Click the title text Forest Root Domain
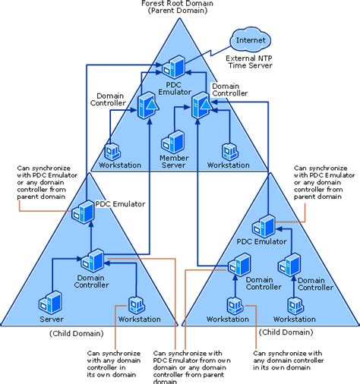click(178, 4)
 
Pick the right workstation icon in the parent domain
click(227, 151)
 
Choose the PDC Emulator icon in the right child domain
click(264, 225)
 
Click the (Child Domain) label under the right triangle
click(287, 332)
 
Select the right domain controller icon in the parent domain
click(201, 104)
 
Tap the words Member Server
click(174, 161)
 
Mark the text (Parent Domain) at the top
click(178, 13)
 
